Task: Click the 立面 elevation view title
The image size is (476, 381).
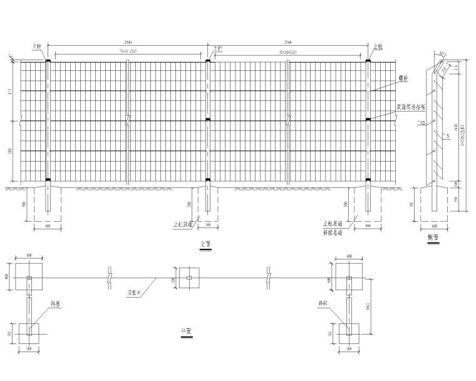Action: click(x=202, y=244)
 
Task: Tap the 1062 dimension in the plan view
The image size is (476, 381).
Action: click(x=371, y=305)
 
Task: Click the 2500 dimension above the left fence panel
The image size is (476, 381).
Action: click(x=127, y=43)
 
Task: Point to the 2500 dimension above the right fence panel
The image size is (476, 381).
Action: click(x=288, y=43)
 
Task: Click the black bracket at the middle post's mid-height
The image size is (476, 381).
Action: click(x=208, y=120)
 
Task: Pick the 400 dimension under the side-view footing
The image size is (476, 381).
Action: click(x=433, y=226)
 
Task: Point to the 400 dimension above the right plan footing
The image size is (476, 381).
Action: click(x=348, y=255)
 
